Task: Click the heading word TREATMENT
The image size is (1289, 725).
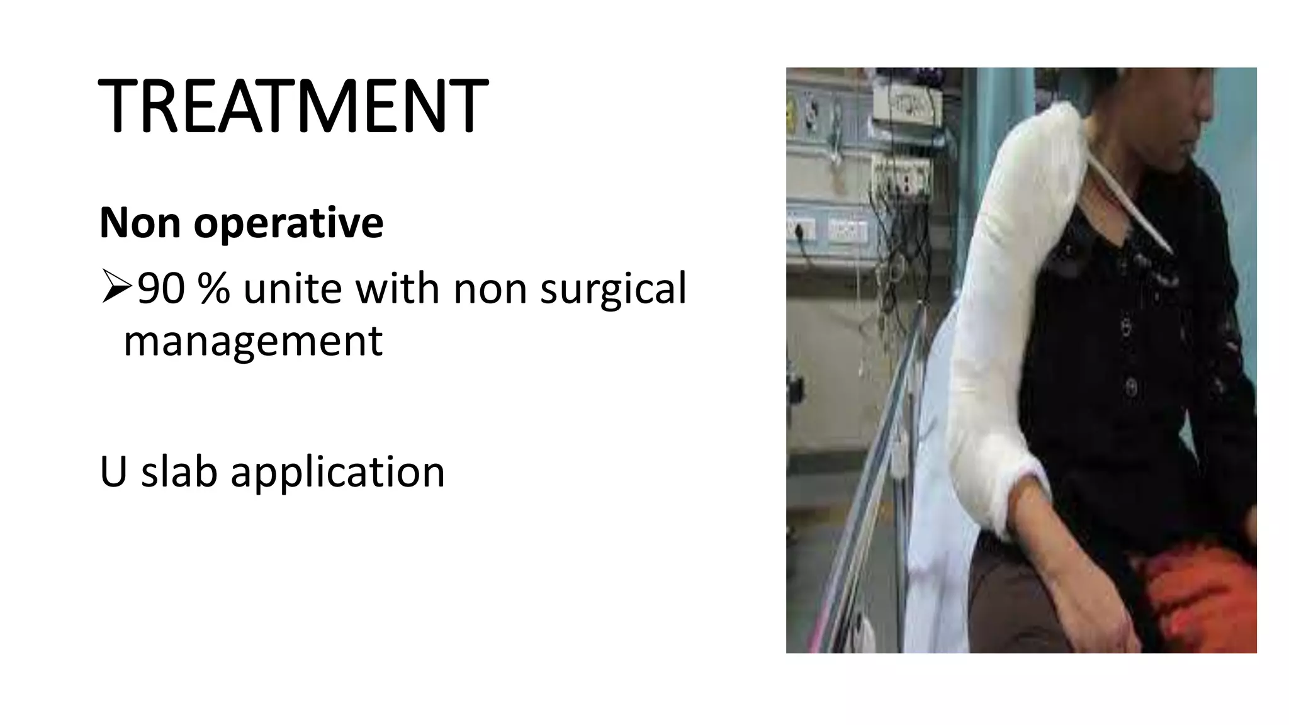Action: point(293,105)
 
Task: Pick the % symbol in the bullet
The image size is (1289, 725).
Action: point(213,289)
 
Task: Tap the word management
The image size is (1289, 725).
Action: point(253,341)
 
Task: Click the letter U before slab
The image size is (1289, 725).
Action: point(113,472)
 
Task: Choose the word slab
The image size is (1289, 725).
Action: point(179,471)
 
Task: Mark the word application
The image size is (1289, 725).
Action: point(337,473)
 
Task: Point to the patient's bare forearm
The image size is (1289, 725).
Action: point(1070,566)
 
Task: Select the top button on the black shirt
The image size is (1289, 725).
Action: point(1125,327)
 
